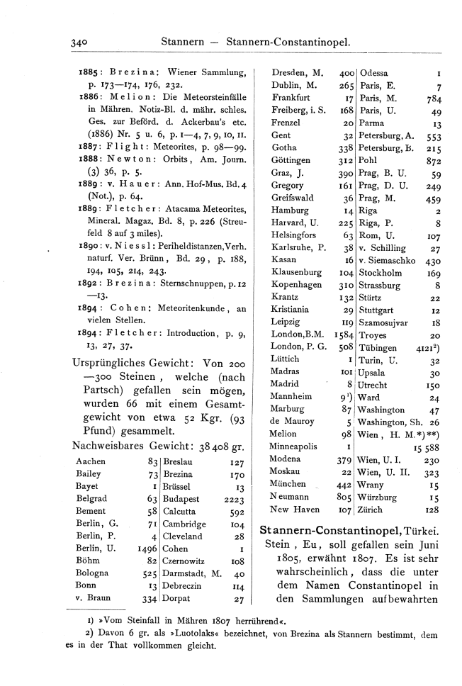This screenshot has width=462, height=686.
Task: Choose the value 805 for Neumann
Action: point(344,496)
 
